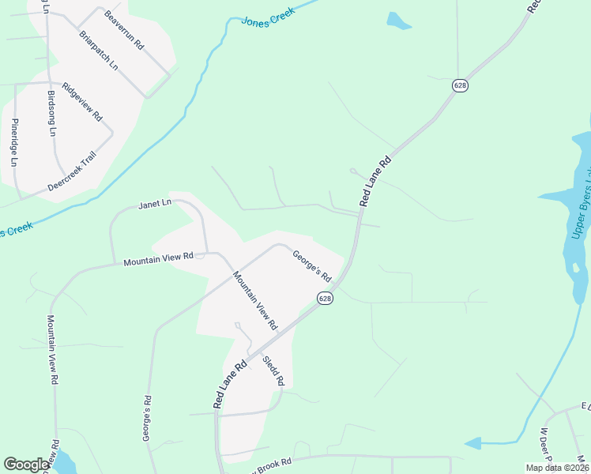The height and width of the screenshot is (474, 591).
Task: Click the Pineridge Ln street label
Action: pos(14,141)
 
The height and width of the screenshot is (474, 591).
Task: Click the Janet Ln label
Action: pos(155,204)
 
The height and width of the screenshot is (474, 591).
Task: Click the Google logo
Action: pos(27,465)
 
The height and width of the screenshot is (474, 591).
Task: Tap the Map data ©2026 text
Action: pos(557,468)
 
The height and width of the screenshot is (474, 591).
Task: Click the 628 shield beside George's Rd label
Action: pos(325,298)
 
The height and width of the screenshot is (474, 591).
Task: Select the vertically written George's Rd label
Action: pos(147,419)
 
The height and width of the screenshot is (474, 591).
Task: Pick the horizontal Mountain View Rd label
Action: pos(158,257)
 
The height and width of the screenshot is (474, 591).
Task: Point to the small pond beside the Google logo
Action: pos(62,462)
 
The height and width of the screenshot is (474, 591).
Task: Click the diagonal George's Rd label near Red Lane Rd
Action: pos(311,265)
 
